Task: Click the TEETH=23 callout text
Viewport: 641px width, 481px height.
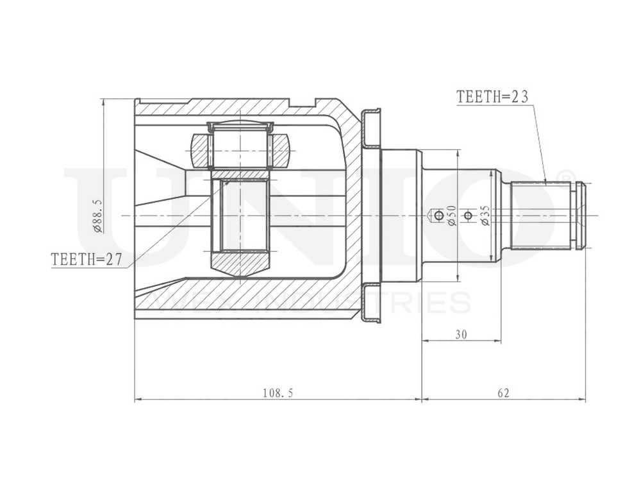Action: (x=492, y=97)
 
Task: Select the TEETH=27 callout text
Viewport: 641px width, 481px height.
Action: (x=86, y=260)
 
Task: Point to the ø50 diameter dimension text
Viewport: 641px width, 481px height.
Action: (x=451, y=215)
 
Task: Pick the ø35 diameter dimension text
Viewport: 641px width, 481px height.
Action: (x=485, y=215)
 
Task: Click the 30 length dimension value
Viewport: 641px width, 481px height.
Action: (x=461, y=334)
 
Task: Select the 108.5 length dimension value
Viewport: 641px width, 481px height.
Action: (x=278, y=392)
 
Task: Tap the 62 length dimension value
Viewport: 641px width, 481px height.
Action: (x=503, y=392)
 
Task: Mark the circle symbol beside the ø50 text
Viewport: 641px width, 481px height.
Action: (x=438, y=215)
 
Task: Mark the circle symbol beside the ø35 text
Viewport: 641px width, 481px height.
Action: (x=469, y=215)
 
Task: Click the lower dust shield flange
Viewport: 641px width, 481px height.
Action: (x=371, y=303)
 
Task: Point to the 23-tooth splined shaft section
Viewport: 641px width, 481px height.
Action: (x=542, y=215)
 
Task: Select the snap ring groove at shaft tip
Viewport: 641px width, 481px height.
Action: (x=580, y=215)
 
